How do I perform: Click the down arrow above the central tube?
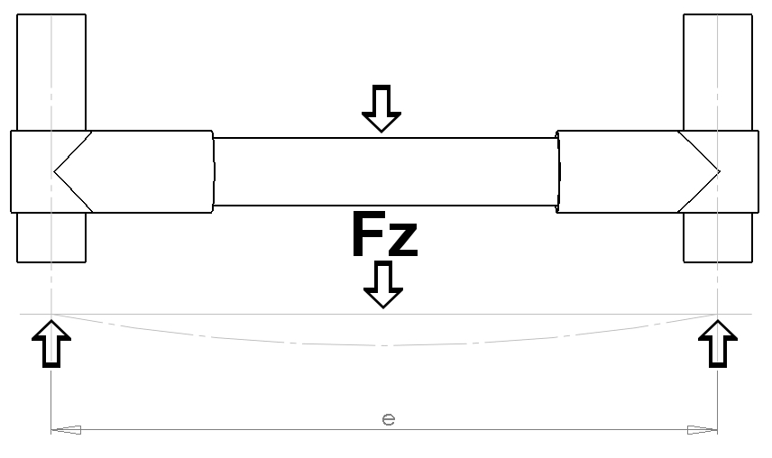381,109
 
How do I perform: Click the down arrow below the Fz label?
382,285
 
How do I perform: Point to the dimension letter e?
389,419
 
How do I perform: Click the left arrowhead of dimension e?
66,430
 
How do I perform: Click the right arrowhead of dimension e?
703,430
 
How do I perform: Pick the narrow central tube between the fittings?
385,171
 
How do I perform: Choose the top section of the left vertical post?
51,72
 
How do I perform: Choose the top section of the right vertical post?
717,72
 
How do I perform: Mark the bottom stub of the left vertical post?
51,237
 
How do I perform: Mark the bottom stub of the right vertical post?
717,237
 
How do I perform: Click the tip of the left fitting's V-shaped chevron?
55,171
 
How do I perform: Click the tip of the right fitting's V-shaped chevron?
719,171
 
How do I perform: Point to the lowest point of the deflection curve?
385,345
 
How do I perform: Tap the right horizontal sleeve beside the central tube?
619,171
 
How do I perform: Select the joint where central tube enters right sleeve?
557,171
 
